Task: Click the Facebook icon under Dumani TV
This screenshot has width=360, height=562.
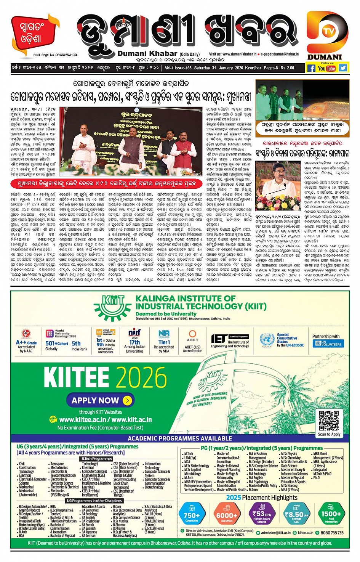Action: coord(311,68)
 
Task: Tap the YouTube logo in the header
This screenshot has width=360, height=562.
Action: coord(326,68)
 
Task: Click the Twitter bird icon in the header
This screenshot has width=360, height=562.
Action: coord(343,68)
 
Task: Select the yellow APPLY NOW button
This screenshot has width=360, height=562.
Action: coord(99,400)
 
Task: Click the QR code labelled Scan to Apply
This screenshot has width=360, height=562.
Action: coord(329,421)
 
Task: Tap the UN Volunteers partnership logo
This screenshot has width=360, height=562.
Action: coord(328,343)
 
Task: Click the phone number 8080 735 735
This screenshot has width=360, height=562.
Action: coord(332,533)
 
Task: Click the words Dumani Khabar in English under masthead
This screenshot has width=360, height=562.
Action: coord(147,54)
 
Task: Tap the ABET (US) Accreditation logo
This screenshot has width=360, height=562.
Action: coord(192,342)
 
